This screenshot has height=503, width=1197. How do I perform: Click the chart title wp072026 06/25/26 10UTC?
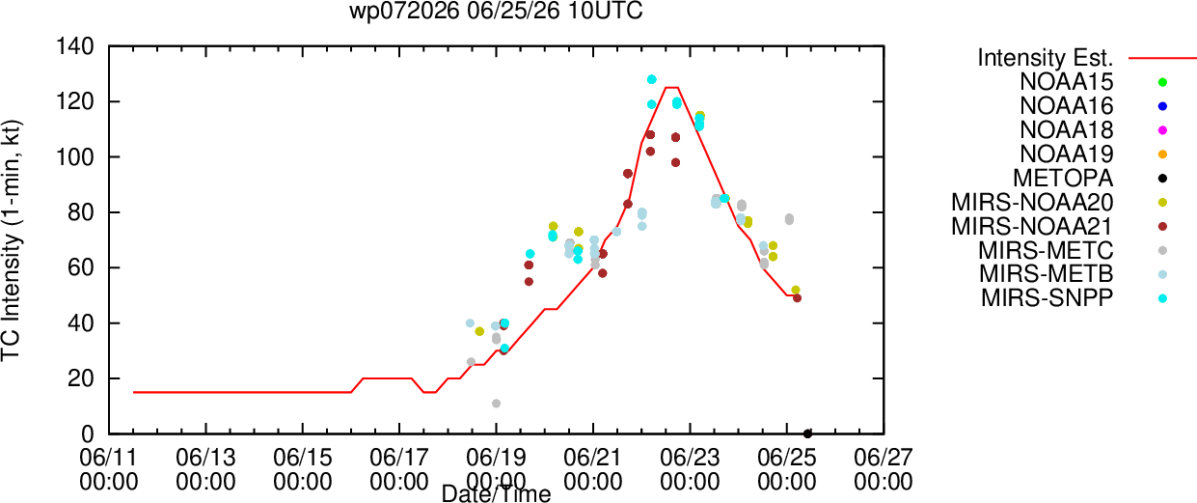click(496, 11)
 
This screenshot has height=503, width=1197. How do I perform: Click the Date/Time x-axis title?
click(496, 493)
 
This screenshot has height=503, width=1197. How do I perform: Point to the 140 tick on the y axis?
click(75, 47)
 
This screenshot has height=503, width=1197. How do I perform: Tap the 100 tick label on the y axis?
click(75, 156)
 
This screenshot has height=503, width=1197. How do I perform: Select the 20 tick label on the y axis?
click(81, 378)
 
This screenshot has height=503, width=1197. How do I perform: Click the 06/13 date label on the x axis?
click(205, 458)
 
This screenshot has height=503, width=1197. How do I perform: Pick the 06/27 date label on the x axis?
click(884, 458)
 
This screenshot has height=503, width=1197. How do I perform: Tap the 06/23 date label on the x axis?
click(690, 458)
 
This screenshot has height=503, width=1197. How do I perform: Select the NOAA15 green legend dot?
click(1162, 82)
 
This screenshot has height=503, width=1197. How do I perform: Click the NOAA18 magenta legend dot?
click(1162, 130)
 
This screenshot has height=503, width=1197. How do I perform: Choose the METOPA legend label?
click(1063, 179)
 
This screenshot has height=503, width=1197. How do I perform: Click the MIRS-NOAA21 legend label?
click(1032, 226)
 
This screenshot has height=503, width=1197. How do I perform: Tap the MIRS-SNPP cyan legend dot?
click(1162, 298)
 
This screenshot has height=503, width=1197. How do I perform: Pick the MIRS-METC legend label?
click(1046, 250)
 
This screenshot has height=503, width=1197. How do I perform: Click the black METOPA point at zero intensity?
click(807, 433)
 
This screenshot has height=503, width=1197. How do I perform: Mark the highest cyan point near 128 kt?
click(651, 79)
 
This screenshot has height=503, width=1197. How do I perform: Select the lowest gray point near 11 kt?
click(496, 404)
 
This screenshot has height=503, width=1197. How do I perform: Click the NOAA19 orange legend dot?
click(1162, 154)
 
